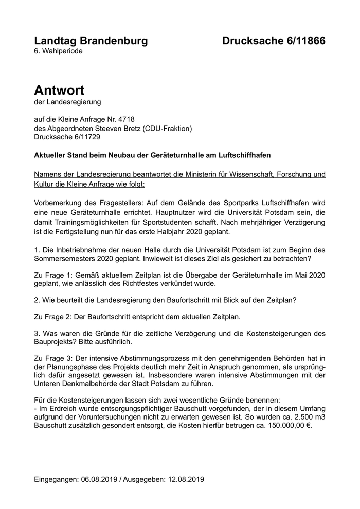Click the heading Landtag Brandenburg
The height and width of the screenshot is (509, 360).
(x=91, y=41)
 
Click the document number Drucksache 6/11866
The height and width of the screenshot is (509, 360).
(x=274, y=41)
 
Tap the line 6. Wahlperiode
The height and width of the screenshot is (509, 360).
(x=58, y=51)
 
